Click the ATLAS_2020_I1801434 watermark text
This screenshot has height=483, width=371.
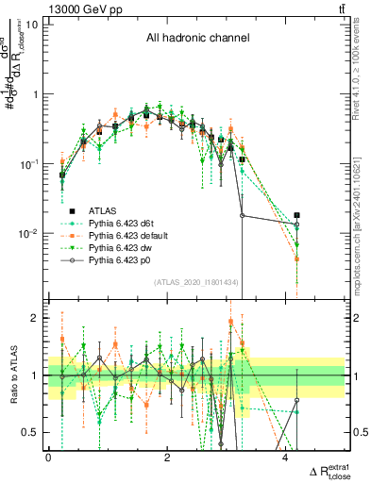pos(201,282)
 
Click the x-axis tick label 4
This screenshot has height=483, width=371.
pos(286,458)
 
